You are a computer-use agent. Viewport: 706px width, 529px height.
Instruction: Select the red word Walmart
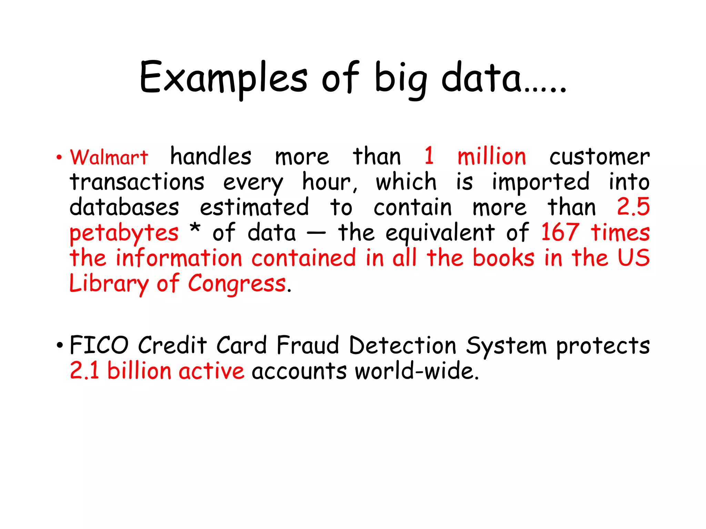109,157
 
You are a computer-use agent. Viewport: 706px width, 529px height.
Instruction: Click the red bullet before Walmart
59,158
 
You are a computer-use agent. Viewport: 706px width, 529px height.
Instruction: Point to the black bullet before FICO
59,345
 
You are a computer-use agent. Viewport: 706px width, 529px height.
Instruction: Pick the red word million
492,156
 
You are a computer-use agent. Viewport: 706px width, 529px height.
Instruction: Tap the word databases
124,207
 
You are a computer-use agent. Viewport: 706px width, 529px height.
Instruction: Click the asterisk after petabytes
195,228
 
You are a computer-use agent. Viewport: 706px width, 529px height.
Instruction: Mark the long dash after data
316,233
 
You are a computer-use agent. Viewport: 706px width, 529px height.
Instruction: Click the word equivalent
440,233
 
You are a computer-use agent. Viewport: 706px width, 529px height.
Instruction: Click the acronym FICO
99,345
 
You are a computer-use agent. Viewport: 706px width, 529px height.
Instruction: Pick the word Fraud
308,345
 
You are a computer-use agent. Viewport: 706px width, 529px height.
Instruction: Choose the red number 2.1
84,371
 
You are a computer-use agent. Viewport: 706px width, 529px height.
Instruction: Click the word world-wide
417,371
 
